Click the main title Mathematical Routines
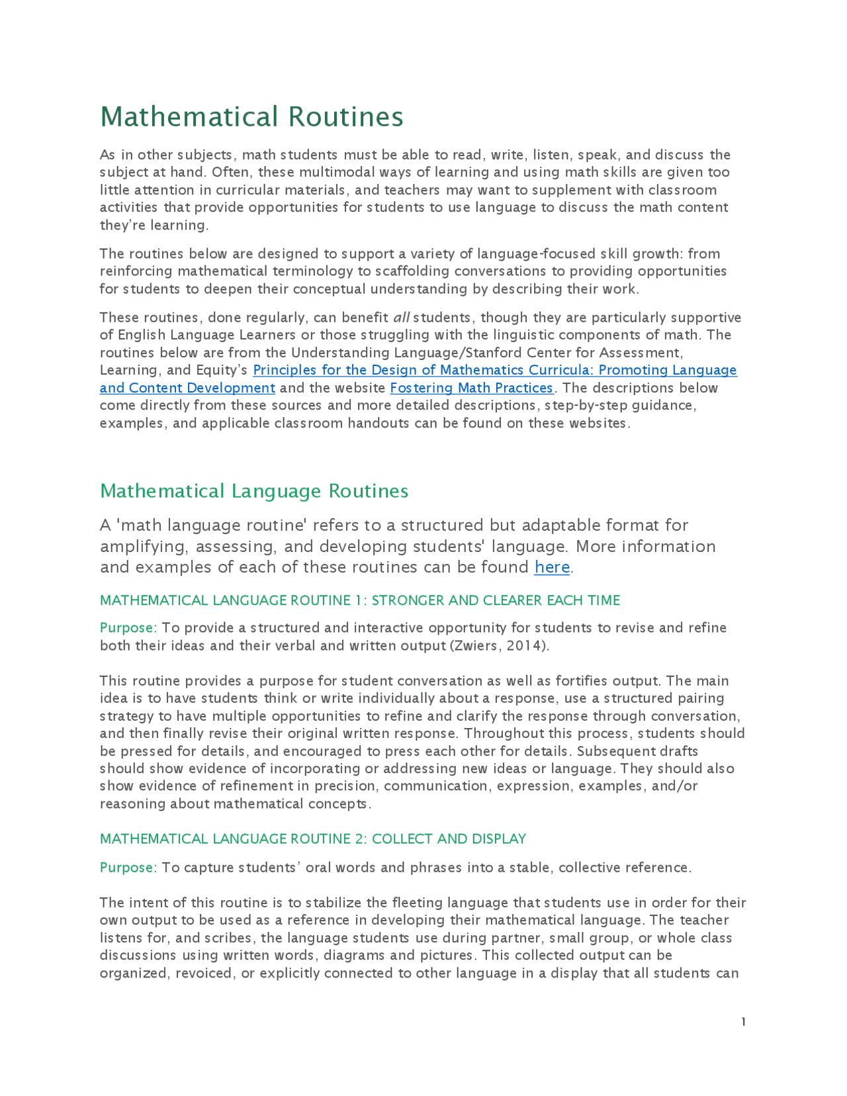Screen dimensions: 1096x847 tap(251, 116)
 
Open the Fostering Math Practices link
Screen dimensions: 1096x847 tap(472, 388)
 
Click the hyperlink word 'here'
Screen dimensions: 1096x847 tap(552, 567)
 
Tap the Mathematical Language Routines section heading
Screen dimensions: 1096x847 tap(254, 491)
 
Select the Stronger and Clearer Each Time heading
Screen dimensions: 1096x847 tap(360, 600)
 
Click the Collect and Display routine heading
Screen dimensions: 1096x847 tap(312, 839)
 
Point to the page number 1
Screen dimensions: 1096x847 tap(744, 1022)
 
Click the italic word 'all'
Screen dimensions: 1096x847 tap(401, 318)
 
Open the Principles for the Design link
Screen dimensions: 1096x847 tap(495, 370)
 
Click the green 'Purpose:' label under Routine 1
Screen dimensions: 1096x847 tap(128, 627)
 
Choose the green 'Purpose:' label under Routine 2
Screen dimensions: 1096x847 tap(128, 868)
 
